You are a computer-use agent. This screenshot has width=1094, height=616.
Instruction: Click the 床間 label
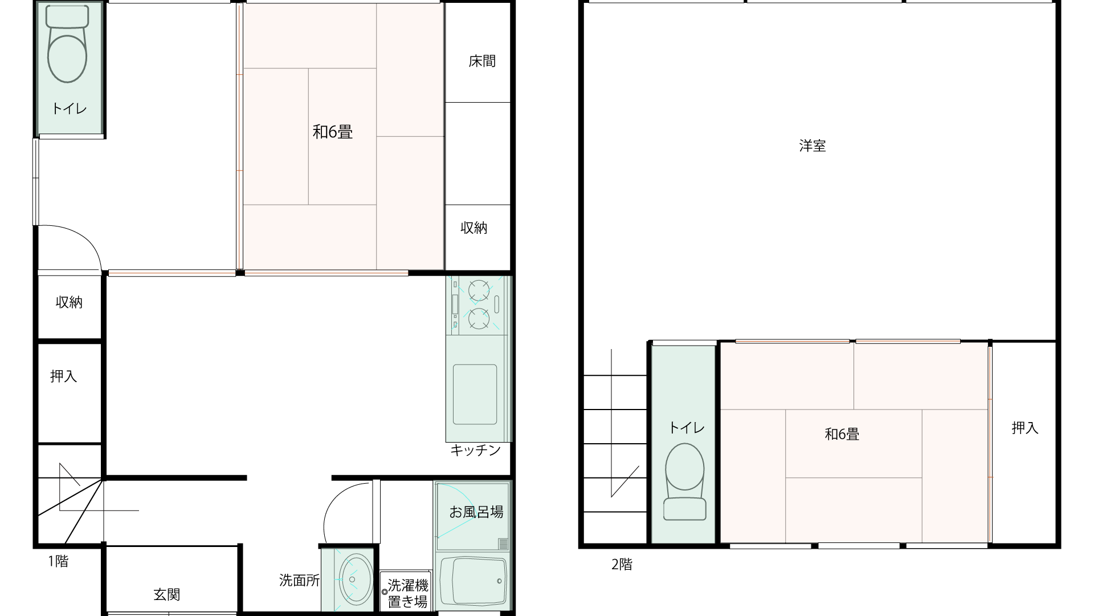482,61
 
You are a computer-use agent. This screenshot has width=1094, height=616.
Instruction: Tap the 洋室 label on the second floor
813,145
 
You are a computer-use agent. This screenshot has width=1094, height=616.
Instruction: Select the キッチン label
475,450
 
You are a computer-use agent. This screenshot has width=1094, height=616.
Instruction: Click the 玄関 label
167,594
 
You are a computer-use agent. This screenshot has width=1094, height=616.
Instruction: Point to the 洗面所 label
300,581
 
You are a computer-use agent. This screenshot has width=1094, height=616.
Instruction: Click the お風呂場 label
476,512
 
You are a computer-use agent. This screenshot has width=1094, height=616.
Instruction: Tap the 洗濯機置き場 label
408,593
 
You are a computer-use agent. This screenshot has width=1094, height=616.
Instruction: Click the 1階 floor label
58,561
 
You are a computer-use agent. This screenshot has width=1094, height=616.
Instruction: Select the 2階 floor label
622,565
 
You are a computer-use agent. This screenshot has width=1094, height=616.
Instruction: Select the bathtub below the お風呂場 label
473,581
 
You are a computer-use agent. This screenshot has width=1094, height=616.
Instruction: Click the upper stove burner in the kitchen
479,290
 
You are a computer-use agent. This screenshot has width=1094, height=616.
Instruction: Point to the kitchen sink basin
475,394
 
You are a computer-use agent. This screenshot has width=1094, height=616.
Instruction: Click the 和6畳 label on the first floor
333,132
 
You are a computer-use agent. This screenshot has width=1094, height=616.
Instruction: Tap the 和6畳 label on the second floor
842,434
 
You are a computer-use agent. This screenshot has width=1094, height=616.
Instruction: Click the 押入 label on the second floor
1025,428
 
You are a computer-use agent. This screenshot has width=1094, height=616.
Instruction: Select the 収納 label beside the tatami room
474,228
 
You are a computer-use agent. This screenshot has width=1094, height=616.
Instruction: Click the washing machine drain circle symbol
385,592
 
